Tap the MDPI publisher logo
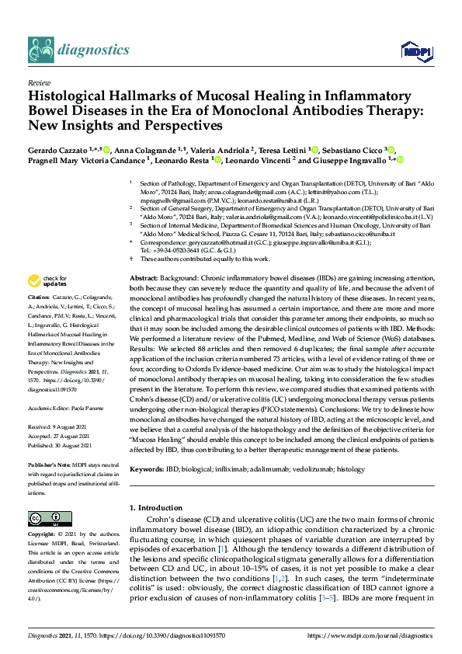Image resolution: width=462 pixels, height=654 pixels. [x=415, y=51]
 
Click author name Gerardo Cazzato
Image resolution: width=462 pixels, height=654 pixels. [x=59, y=149]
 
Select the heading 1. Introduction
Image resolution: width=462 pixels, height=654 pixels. [x=160, y=508]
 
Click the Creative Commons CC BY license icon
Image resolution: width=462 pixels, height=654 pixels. [x=45, y=519]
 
